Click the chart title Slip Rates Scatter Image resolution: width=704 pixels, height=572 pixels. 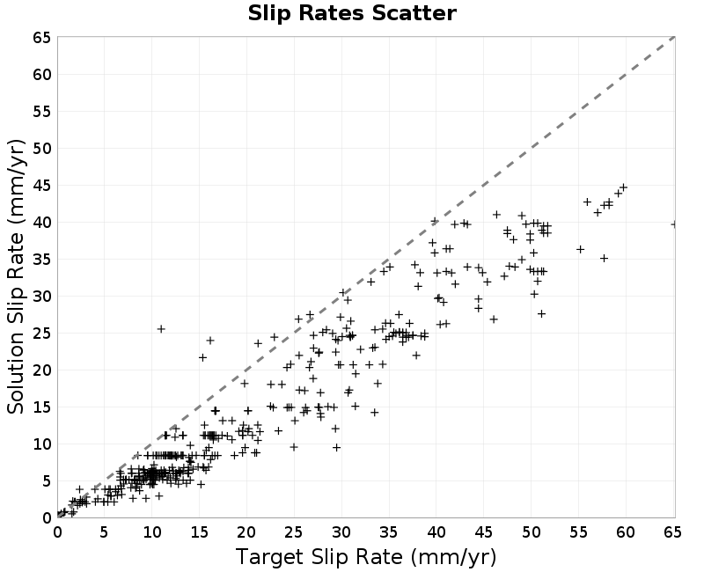pyautogui.click(x=352, y=13)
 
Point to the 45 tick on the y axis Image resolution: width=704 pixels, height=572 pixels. pyautogui.click(x=42, y=186)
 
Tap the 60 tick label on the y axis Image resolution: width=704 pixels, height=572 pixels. pyautogui.click(x=42, y=75)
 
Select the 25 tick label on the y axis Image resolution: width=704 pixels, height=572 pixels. pyautogui.click(x=42, y=334)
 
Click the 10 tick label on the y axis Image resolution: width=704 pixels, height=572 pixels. pyautogui.click(x=42, y=444)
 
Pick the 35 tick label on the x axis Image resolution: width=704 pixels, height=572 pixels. pyautogui.click(x=389, y=532)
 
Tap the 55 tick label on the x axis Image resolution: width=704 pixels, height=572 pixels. pyautogui.click(x=578, y=532)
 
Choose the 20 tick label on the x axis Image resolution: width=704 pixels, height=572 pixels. pyautogui.click(x=246, y=532)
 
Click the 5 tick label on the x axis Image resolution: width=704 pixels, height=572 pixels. pyautogui.click(x=104, y=532)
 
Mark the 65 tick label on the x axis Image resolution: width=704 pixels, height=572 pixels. pyautogui.click(x=672, y=532)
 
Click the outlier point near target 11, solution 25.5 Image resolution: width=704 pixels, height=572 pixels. pyautogui.click(x=161, y=329)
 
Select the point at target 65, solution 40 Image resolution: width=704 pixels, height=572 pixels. pyautogui.click(x=674, y=224)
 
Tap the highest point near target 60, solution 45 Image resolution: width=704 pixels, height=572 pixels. pyautogui.click(x=623, y=187)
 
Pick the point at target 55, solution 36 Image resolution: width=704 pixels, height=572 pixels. pyautogui.click(x=580, y=249)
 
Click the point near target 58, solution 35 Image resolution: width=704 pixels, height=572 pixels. pyautogui.click(x=605, y=258)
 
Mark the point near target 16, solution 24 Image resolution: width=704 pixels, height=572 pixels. pyautogui.click(x=210, y=341)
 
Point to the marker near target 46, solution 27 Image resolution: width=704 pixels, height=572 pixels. pyautogui.click(x=494, y=319)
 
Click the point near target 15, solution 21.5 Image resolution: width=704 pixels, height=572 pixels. pyautogui.click(x=202, y=357)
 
